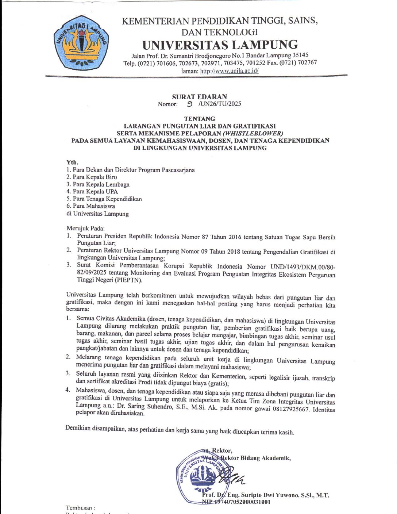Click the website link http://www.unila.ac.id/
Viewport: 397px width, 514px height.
229,71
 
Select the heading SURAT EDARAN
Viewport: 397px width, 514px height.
199,97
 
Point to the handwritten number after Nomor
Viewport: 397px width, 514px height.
189,104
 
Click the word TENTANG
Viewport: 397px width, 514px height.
199,119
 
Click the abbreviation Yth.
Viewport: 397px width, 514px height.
72,162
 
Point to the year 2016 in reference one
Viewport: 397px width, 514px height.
232,237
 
